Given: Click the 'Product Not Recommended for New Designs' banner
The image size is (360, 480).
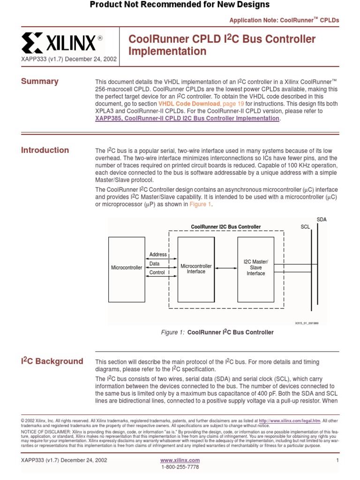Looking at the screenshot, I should click(x=180, y=5).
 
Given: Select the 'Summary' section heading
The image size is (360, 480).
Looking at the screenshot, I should click(x=40, y=82).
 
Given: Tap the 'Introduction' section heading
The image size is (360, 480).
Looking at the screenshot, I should click(x=45, y=150).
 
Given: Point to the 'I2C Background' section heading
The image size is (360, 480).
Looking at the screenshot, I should click(x=52, y=361).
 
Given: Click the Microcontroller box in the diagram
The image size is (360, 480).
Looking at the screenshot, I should click(x=127, y=268).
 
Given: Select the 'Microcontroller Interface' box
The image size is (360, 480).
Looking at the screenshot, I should click(x=196, y=269).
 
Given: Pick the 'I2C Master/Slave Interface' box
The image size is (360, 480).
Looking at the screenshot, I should click(x=256, y=268).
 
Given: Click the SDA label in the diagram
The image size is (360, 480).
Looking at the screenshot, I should click(x=322, y=219).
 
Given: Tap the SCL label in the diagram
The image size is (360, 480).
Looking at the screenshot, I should click(x=306, y=227).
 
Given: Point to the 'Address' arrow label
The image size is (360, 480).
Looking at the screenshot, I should click(x=158, y=255).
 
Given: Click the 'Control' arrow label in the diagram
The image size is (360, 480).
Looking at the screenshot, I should click(x=157, y=272).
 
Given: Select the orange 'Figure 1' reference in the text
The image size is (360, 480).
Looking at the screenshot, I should click(x=201, y=204).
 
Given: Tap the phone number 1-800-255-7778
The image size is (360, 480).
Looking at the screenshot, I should click(x=180, y=467).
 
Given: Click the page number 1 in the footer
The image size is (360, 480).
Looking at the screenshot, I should click(x=337, y=460).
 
